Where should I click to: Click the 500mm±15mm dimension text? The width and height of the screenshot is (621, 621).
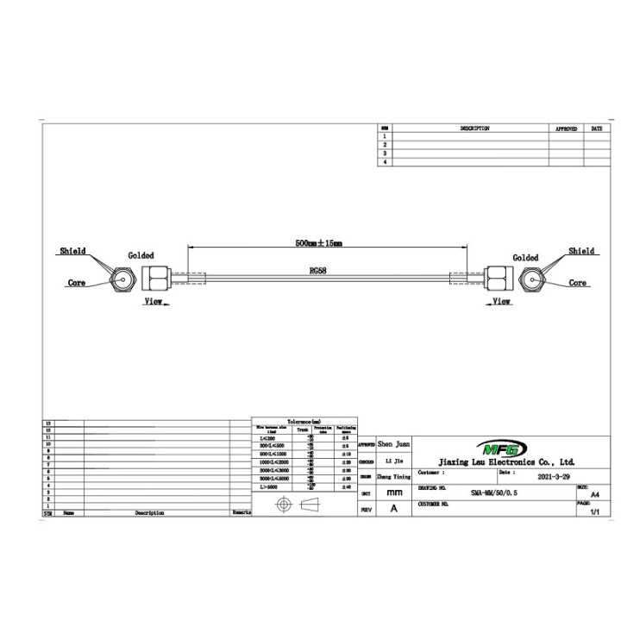[318, 244]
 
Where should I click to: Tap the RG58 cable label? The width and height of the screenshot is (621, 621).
[319, 269]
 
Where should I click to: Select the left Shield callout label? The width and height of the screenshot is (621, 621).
[72, 251]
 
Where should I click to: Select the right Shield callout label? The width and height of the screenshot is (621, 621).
[580, 251]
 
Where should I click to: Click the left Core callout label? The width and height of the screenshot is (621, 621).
[77, 283]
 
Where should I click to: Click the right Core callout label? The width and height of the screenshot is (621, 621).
[577, 283]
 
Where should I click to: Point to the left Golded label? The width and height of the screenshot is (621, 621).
[141, 256]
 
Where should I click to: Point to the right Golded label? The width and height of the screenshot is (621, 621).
[525, 258]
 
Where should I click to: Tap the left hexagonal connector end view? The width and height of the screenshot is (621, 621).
[122, 279]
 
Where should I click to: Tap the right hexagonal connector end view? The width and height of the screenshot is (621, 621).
[531, 279]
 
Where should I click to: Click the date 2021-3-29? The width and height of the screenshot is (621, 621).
[553, 475]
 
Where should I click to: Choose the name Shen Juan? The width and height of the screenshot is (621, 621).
[394, 443]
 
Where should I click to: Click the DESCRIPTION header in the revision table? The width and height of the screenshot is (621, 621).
[474, 129]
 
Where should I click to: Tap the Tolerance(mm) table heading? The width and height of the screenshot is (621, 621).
[304, 420]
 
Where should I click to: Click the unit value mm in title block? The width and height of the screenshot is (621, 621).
[394, 492]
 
